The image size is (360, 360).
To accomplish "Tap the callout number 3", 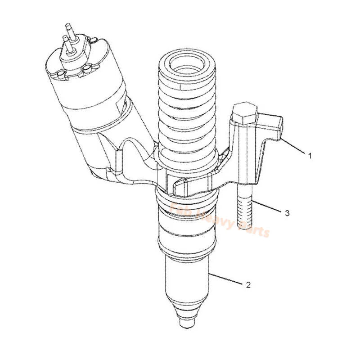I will tap(287, 213).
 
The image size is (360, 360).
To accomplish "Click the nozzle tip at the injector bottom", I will tap(185, 322).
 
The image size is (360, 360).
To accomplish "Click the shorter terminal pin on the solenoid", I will tap(66, 43).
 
